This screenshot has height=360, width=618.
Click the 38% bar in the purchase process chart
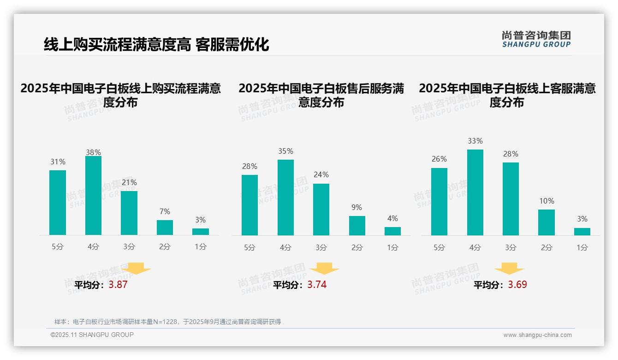tap(93, 196)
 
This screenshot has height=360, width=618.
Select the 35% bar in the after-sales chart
tap(285, 198)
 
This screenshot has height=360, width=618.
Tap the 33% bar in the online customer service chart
tap(475, 192)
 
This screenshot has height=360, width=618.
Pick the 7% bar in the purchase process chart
tap(165, 228)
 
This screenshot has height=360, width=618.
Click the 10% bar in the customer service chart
tap(547, 222)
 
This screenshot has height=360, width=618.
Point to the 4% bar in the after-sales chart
tap(392, 231)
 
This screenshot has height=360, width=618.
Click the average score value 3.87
tap(118, 285)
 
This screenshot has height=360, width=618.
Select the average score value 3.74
tap(317, 285)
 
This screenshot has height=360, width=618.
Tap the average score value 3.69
tap(517, 285)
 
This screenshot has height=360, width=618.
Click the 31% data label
tap(58, 162)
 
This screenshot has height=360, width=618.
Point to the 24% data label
tap(321, 175)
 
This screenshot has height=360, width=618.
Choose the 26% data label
tap(439, 159)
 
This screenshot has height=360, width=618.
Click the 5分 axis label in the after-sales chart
tap(250, 247)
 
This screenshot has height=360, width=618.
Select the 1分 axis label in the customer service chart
tap(582, 247)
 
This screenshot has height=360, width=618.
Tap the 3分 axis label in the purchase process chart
tap(129, 247)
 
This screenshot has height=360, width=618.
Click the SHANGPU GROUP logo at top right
tap(536, 39)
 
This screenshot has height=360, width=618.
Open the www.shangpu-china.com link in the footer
tap(537, 335)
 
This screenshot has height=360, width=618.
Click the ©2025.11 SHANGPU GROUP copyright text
tap(92, 335)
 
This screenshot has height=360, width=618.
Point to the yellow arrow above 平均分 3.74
tap(324, 269)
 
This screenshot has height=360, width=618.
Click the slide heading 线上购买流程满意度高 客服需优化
tap(156, 45)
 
